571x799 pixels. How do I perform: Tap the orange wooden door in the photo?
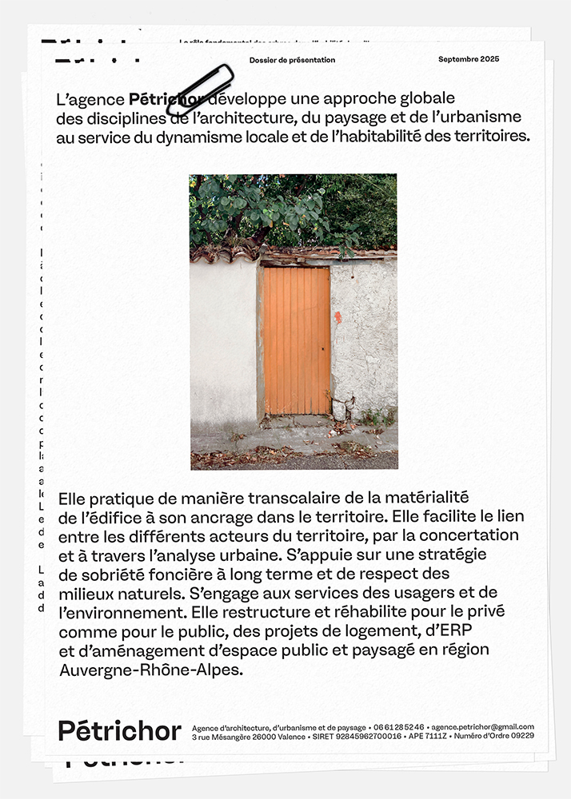297,340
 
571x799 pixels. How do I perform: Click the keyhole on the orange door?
324,349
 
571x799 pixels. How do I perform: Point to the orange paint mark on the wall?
337,316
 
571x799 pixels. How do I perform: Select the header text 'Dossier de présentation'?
292,60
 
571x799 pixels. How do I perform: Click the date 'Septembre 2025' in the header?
468,60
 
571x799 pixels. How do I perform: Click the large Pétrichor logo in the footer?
120,730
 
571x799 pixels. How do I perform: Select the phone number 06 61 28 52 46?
398,727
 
